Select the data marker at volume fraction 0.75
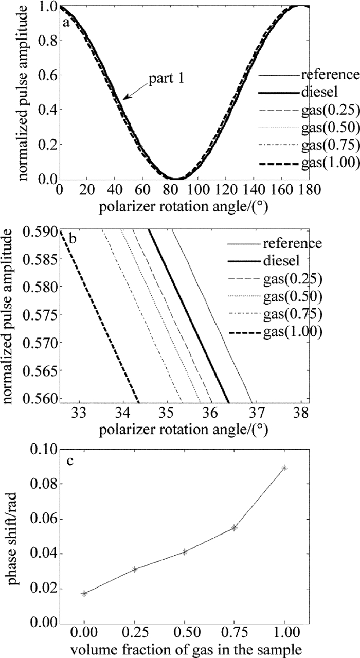(x=234, y=528)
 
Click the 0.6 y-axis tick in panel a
(x=43, y=75)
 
